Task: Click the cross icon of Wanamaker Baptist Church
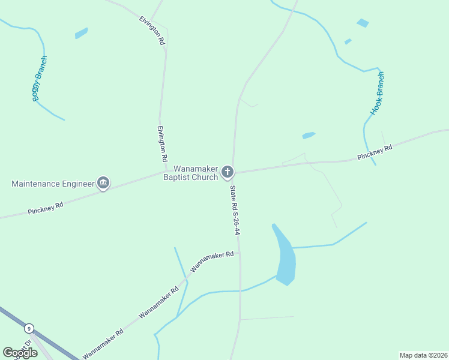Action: [227, 173]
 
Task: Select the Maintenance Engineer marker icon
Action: [103, 183]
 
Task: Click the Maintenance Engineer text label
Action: [53, 183]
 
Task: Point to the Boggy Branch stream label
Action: [40, 78]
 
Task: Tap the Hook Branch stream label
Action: [378, 93]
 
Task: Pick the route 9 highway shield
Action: [28, 329]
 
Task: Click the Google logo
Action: [20, 352]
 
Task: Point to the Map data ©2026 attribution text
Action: [423, 355]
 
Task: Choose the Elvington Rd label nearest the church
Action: [161, 144]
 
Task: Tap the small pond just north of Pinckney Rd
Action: [309, 136]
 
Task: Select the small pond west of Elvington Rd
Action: [81, 33]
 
